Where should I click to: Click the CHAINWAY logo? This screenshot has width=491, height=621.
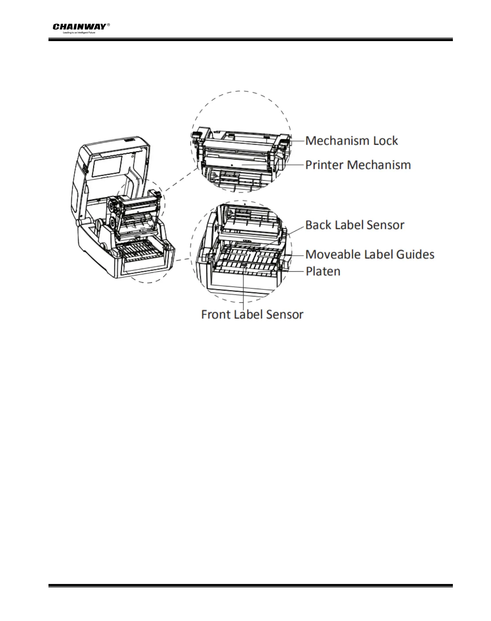[x=79, y=27]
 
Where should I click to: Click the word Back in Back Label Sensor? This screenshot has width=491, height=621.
[x=319, y=225]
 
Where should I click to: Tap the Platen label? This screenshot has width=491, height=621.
[x=323, y=272]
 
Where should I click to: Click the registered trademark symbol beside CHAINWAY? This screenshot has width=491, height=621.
[x=108, y=25]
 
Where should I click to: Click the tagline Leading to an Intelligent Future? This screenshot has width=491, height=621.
[x=79, y=33]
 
